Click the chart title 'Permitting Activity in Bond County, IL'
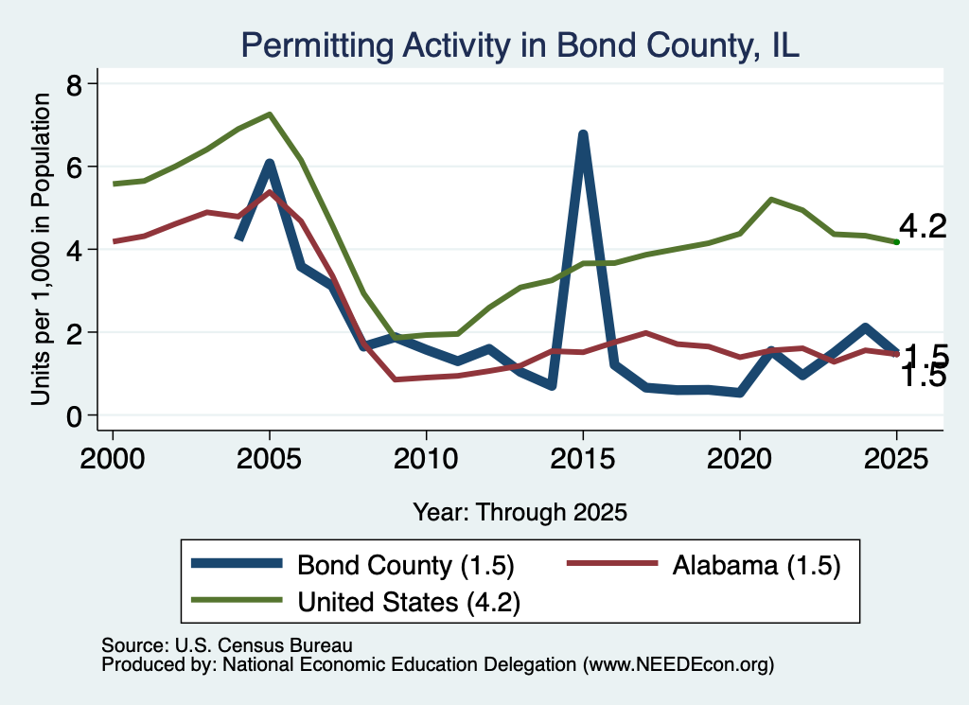(520, 45)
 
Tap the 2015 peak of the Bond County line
(582, 134)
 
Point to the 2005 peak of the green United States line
(270, 115)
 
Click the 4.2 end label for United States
(922, 226)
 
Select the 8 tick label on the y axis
(74, 84)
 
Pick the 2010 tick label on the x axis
(426, 459)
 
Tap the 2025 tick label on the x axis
(896, 459)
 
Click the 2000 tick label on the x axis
(113, 459)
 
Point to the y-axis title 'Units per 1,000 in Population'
(41, 249)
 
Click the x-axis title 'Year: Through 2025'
(520, 512)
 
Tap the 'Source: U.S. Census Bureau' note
(227, 645)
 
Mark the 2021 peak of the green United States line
(770, 199)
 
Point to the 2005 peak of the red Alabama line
(270, 191)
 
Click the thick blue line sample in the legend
(237, 563)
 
